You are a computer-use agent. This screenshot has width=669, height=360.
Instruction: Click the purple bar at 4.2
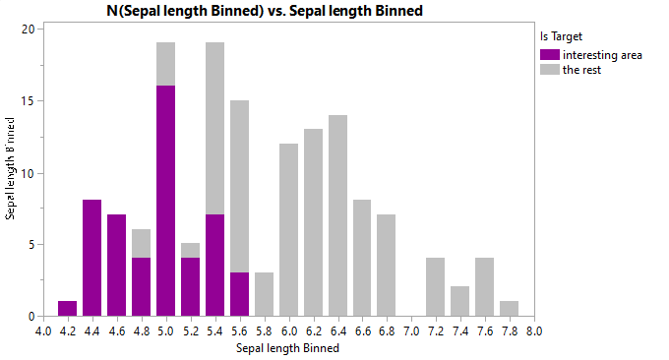coord(67,309)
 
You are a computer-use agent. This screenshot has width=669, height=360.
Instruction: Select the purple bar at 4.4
coord(91,258)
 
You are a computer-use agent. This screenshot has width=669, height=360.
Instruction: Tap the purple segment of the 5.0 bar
coord(165,201)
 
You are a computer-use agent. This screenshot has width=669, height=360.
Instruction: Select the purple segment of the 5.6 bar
coord(239,294)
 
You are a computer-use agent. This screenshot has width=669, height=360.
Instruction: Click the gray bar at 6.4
coord(337,215)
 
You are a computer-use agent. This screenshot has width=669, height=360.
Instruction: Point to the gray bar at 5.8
coord(264,294)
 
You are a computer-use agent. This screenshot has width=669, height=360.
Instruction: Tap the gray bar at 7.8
coord(510,309)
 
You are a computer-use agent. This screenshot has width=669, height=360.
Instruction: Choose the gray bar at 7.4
coord(460,301)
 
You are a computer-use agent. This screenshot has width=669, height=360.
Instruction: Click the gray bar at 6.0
coord(288,230)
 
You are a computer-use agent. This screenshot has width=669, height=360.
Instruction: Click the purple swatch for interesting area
coord(549,55)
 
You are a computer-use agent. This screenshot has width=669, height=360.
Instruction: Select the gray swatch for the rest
coord(549,70)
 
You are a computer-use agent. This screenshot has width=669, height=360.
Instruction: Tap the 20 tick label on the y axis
coord(30,29)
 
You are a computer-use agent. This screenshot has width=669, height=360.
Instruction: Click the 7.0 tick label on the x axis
coord(411,331)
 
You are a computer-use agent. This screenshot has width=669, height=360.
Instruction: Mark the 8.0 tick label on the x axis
coord(534,331)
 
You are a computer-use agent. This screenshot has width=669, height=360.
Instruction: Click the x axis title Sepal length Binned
coord(288,347)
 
